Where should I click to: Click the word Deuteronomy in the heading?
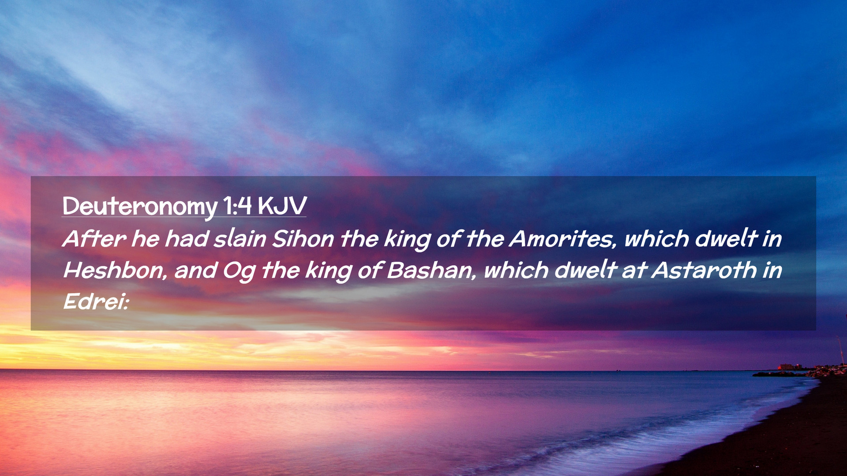(x=140, y=206)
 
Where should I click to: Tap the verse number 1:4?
(x=237, y=205)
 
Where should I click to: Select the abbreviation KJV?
(x=282, y=205)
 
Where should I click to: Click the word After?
(x=94, y=238)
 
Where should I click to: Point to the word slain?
(x=240, y=238)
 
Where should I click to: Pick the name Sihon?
(x=303, y=238)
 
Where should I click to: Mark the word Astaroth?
(x=704, y=270)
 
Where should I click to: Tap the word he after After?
(x=146, y=238)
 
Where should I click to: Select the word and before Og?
(x=195, y=270)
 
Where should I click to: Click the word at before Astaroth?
(x=633, y=270)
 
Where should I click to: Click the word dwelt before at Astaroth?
(x=585, y=270)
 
